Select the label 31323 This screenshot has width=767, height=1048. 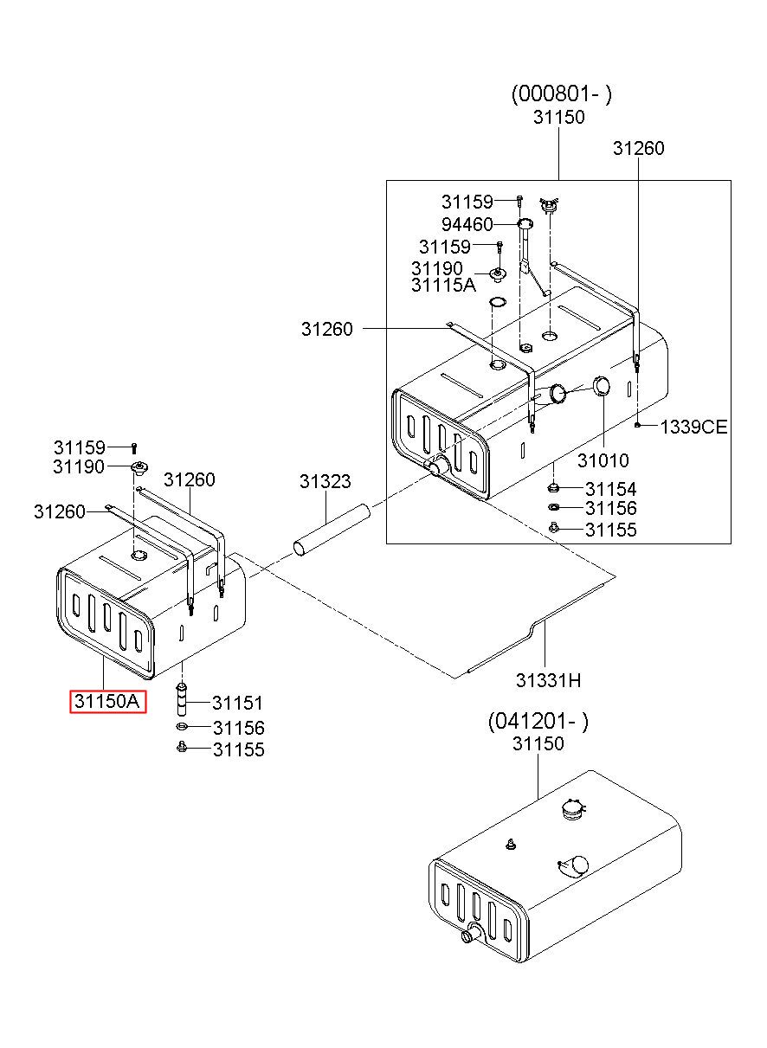(325, 481)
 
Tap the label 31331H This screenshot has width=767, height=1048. (548, 680)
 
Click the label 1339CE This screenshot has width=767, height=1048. (693, 427)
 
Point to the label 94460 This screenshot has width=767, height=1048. (467, 224)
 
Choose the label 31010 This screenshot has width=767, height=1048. (603, 460)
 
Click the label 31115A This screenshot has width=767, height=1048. (443, 285)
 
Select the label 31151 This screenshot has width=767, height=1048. (238, 704)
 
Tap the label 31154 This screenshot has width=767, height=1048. (610, 490)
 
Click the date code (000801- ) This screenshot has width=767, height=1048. (561, 94)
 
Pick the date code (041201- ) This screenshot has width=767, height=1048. (538, 722)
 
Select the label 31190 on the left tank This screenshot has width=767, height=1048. (78, 467)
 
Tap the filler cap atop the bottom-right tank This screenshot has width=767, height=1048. (571, 808)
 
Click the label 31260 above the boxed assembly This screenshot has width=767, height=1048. (638, 148)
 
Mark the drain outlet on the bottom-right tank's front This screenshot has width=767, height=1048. (473, 935)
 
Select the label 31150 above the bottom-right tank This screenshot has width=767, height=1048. (538, 743)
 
